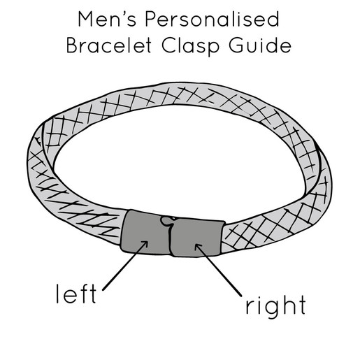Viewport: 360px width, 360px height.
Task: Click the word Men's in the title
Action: click(x=107, y=19)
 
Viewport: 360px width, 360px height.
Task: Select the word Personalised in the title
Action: click(x=212, y=19)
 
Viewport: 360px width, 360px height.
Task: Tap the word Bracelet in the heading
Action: click(x=109, y=45)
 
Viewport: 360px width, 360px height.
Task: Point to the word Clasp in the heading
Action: click(x=190, y=46)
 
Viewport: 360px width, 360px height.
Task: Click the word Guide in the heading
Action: click(x=260, y=45)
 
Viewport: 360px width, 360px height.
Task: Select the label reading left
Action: click(x=76, y=294)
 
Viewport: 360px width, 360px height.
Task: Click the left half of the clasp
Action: click(x=145, y=233)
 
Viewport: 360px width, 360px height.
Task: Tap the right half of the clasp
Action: click(x=196, y=237)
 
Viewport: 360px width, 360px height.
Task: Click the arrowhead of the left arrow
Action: click(x=145, y=244)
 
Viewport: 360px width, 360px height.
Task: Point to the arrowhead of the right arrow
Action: click(x=198, y=247)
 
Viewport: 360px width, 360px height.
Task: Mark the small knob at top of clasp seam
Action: click(x=166, y=220)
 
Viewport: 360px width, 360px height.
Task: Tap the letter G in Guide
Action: click(x=236, y=45)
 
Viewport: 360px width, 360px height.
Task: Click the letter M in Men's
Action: click(x=85, y=20)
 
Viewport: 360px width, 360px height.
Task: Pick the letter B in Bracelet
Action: click(x=72, y=45)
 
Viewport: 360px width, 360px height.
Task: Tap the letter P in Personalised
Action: click(x=151, y=19)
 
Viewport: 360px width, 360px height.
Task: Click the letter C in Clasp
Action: click(x=168, y=45)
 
